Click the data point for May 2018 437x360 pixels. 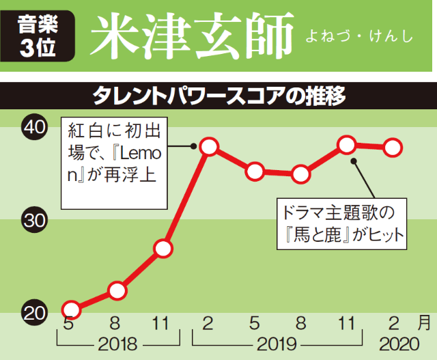[71, 309]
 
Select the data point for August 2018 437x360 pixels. [117, 290]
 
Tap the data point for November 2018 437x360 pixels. [163, 249]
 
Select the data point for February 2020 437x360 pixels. [393, 147]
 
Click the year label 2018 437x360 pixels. [117, 344]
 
